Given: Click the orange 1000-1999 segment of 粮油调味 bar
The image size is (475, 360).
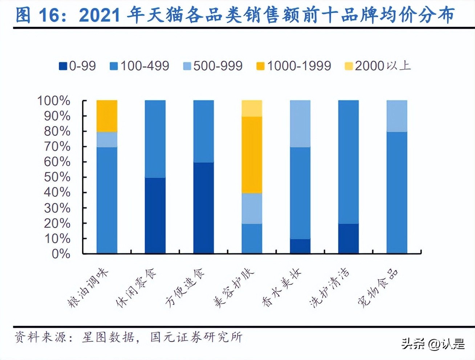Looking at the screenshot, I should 107,116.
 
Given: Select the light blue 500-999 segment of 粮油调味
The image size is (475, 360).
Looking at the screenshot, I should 107,139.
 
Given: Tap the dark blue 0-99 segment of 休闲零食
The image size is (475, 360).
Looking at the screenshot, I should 155,215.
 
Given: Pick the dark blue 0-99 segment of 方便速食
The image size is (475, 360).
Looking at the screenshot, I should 203,208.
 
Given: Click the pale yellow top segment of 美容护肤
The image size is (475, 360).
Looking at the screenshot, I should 252,108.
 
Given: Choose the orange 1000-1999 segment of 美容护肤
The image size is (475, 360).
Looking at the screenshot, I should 252,155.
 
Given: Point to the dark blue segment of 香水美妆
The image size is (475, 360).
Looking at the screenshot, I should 300,246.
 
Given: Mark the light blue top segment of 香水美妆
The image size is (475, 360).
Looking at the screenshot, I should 300,123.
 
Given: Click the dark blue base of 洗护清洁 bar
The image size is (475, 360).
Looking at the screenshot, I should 348,238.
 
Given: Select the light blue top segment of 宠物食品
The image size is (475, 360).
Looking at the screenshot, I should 397,116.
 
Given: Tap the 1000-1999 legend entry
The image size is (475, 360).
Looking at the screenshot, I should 294,66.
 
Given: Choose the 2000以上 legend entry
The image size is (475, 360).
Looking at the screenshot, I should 378,66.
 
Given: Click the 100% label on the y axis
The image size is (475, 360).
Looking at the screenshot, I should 54,101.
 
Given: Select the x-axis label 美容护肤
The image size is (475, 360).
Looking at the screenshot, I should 234,289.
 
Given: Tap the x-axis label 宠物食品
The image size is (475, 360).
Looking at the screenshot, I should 378,289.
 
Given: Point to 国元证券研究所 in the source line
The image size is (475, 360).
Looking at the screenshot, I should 196,337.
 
